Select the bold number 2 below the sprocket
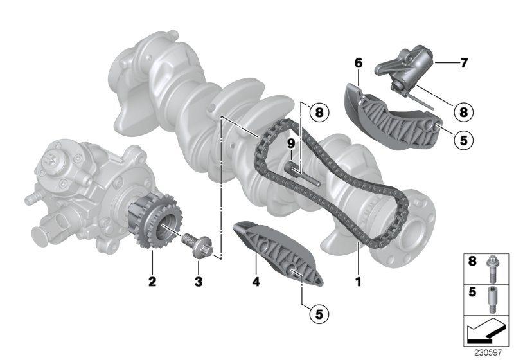coord(152,281)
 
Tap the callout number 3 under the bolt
coord(199,281)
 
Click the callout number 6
coord(358,63)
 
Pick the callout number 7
coord(464,63)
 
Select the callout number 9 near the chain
coord(290,142)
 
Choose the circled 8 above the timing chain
coord(317,113)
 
